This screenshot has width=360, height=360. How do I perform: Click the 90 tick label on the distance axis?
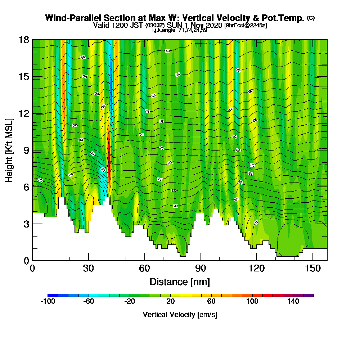[200, 268]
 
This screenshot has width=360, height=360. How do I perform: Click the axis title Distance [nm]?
[180, 282]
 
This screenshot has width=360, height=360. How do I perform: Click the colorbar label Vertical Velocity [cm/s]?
[180, 315]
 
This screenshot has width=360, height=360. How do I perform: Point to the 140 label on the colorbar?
[293, 302]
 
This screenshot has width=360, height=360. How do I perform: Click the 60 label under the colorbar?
[211, 302]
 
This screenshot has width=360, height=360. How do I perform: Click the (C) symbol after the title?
[311, 18]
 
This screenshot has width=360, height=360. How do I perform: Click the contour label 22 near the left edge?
[40, 180]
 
